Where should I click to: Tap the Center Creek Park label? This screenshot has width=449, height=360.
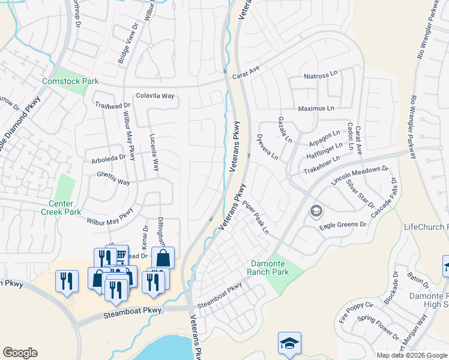(61, 208)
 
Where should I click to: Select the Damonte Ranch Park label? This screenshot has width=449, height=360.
(268, 268)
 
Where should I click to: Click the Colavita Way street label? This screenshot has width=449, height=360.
(155, 95)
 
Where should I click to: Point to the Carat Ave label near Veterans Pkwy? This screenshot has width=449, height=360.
(246, 70)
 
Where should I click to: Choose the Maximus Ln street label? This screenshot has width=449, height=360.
(316, 109)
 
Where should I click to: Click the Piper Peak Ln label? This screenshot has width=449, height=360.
(256, 218)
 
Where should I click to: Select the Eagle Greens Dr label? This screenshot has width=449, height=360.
(343, 224)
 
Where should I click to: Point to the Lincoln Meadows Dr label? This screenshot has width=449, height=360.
(360, 173)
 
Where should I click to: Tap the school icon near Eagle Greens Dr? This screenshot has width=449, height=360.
(316, 211)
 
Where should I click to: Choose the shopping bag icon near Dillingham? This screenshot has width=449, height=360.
(163, 258)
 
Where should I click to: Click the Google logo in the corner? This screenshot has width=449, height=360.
(20, 353)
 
